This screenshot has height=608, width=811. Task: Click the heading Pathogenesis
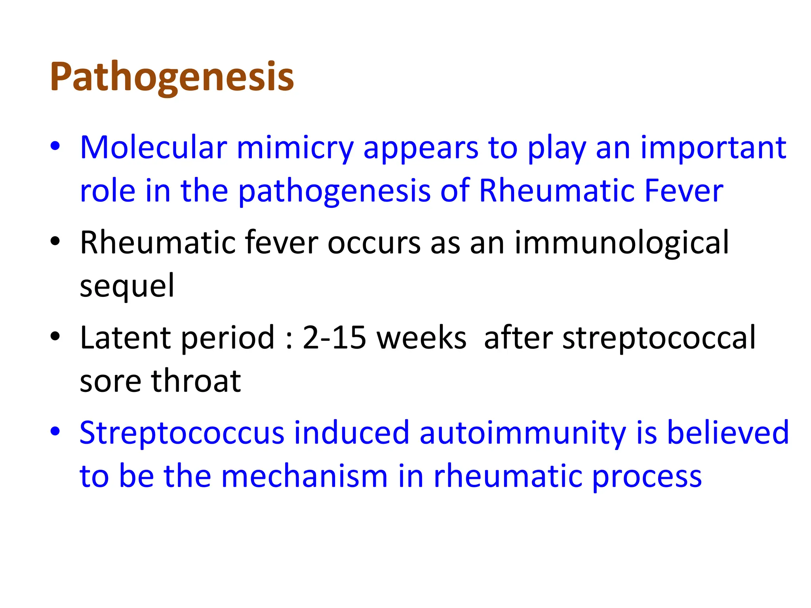pyautogui.click(x=172, y=77)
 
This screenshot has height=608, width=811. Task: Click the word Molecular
pyautogui.click(x=153, y=148)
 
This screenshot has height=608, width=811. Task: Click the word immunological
pyautogui.click(x=621, y=243)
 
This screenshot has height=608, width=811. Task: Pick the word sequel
pyautogui.click(x=127, y=286)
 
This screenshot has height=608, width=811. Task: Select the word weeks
pyautogui.click(x=421, y=338)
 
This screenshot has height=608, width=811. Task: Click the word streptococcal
pyautogui.click(x=659, y=338)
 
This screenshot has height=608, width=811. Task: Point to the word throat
pyautogui.click(x=196, y=381)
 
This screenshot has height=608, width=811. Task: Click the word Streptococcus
pyautogui.click(x=182, y=433)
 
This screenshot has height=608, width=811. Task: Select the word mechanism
pyautogui.click(x=304, y=476)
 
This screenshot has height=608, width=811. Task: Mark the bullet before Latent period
pyautogui.click(x=55, y=337)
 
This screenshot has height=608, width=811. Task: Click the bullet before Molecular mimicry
pyautogui.click(x=55, y=146)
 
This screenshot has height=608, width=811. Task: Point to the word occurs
pyautogui.click(x=373, y=243)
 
